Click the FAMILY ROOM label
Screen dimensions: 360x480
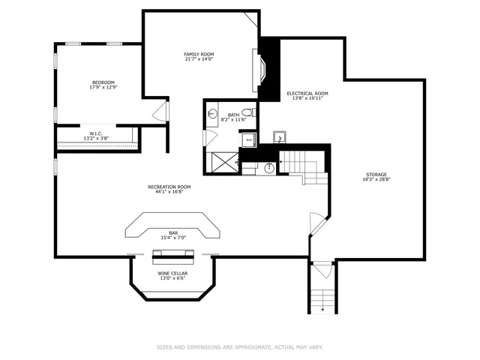point(199,55)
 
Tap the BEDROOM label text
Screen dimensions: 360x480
point(103,82)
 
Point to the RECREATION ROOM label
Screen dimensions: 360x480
point(169,187)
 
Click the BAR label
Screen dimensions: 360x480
point(172,233)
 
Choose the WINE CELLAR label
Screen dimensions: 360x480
point(172,273)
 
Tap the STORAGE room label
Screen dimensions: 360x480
point(376,175)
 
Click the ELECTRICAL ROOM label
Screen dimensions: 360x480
point(307,94)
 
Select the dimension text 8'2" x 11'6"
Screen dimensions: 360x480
point(233,120)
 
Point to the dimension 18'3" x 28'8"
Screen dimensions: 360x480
point(376,179)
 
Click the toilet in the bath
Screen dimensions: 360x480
point(250,112)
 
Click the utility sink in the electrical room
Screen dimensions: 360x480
point(279,137)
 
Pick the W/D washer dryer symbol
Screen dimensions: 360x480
point(248,140)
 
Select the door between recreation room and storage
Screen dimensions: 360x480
point(316,223)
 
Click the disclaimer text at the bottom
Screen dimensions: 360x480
point(239,347)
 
